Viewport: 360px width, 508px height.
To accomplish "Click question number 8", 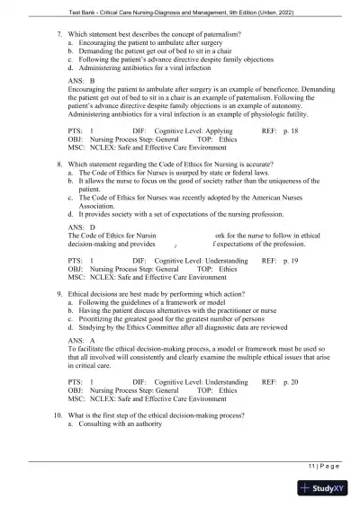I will click(x=57, y=165).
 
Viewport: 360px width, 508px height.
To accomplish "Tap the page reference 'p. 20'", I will click(x=289, y=382).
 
